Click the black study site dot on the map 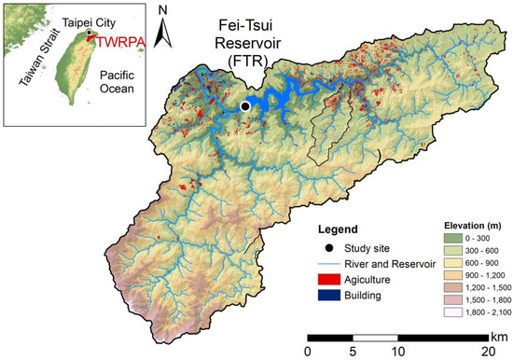click(x=245, y=107)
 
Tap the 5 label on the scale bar click(x=353, y=352)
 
